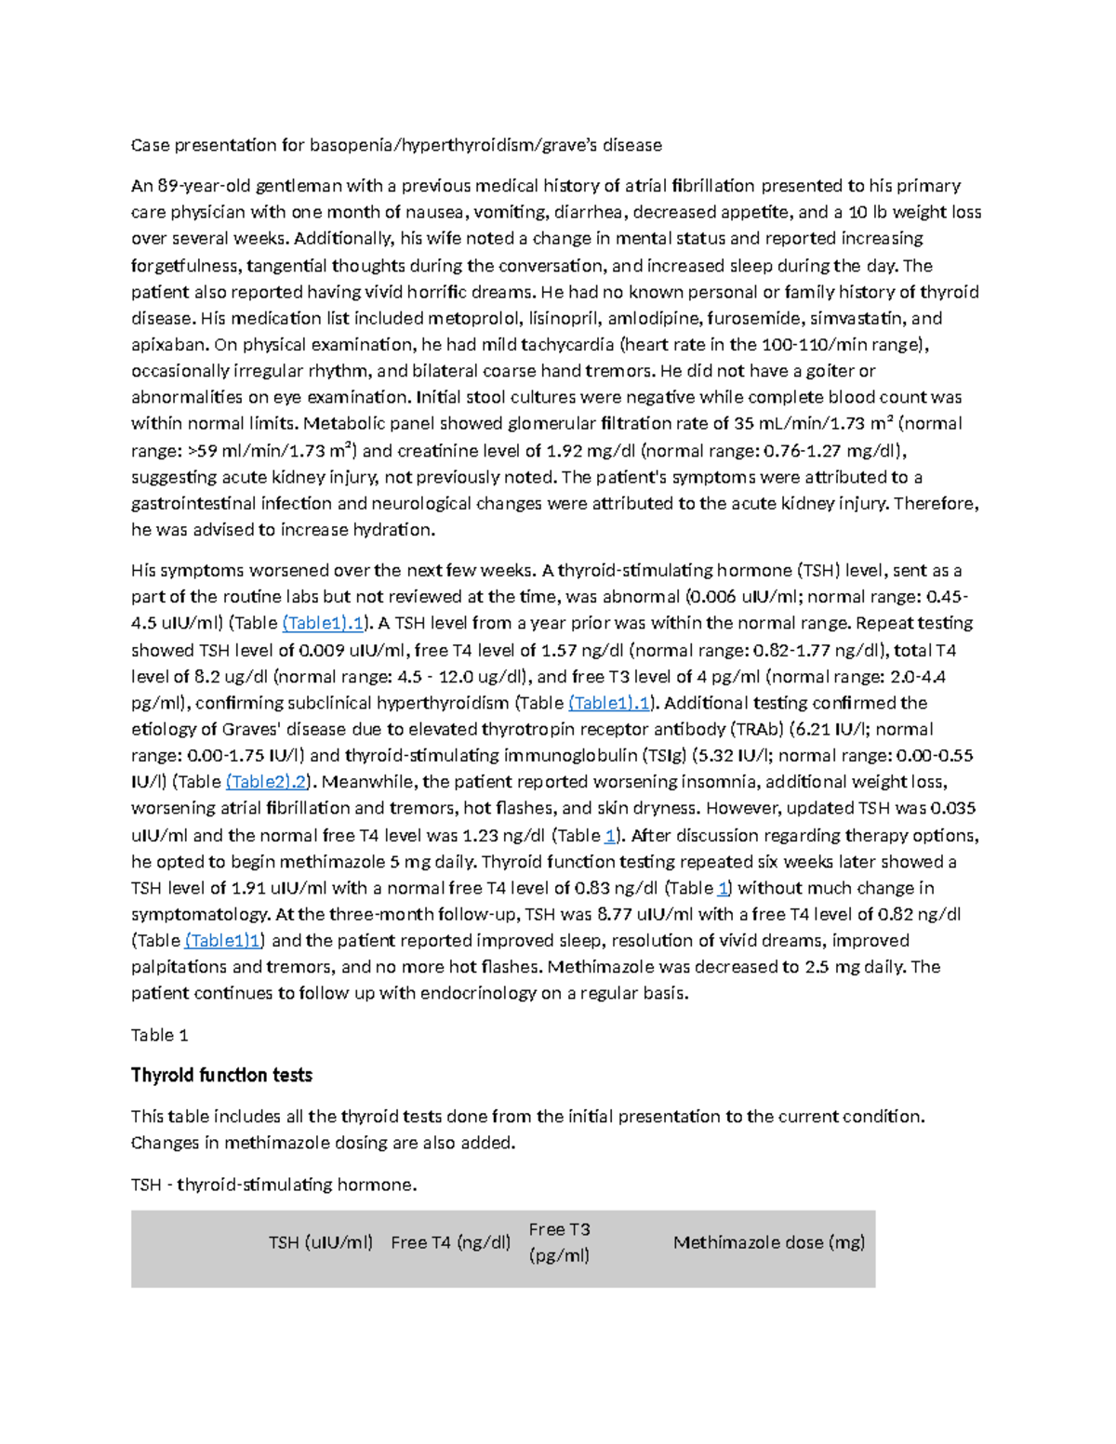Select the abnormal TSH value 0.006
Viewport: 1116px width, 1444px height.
(x=711, y=597)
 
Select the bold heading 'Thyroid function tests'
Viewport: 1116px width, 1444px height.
(x=221, y=1076)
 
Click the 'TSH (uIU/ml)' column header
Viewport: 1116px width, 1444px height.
(x=321, y=1242)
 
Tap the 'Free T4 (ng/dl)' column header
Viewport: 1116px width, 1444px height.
(x=450, y=1242)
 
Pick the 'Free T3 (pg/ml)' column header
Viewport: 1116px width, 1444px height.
(x=560, y=1242)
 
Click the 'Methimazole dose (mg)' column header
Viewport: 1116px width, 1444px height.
(x=769, y=1242)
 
